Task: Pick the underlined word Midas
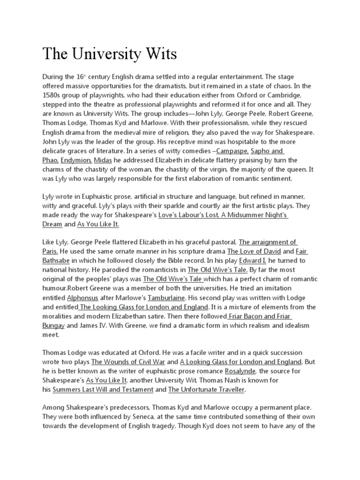(x=103, y=160)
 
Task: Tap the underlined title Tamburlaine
(x=166, y=297)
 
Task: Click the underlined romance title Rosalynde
(x=240, y=371)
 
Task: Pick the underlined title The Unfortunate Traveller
(x=207, y=389)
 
